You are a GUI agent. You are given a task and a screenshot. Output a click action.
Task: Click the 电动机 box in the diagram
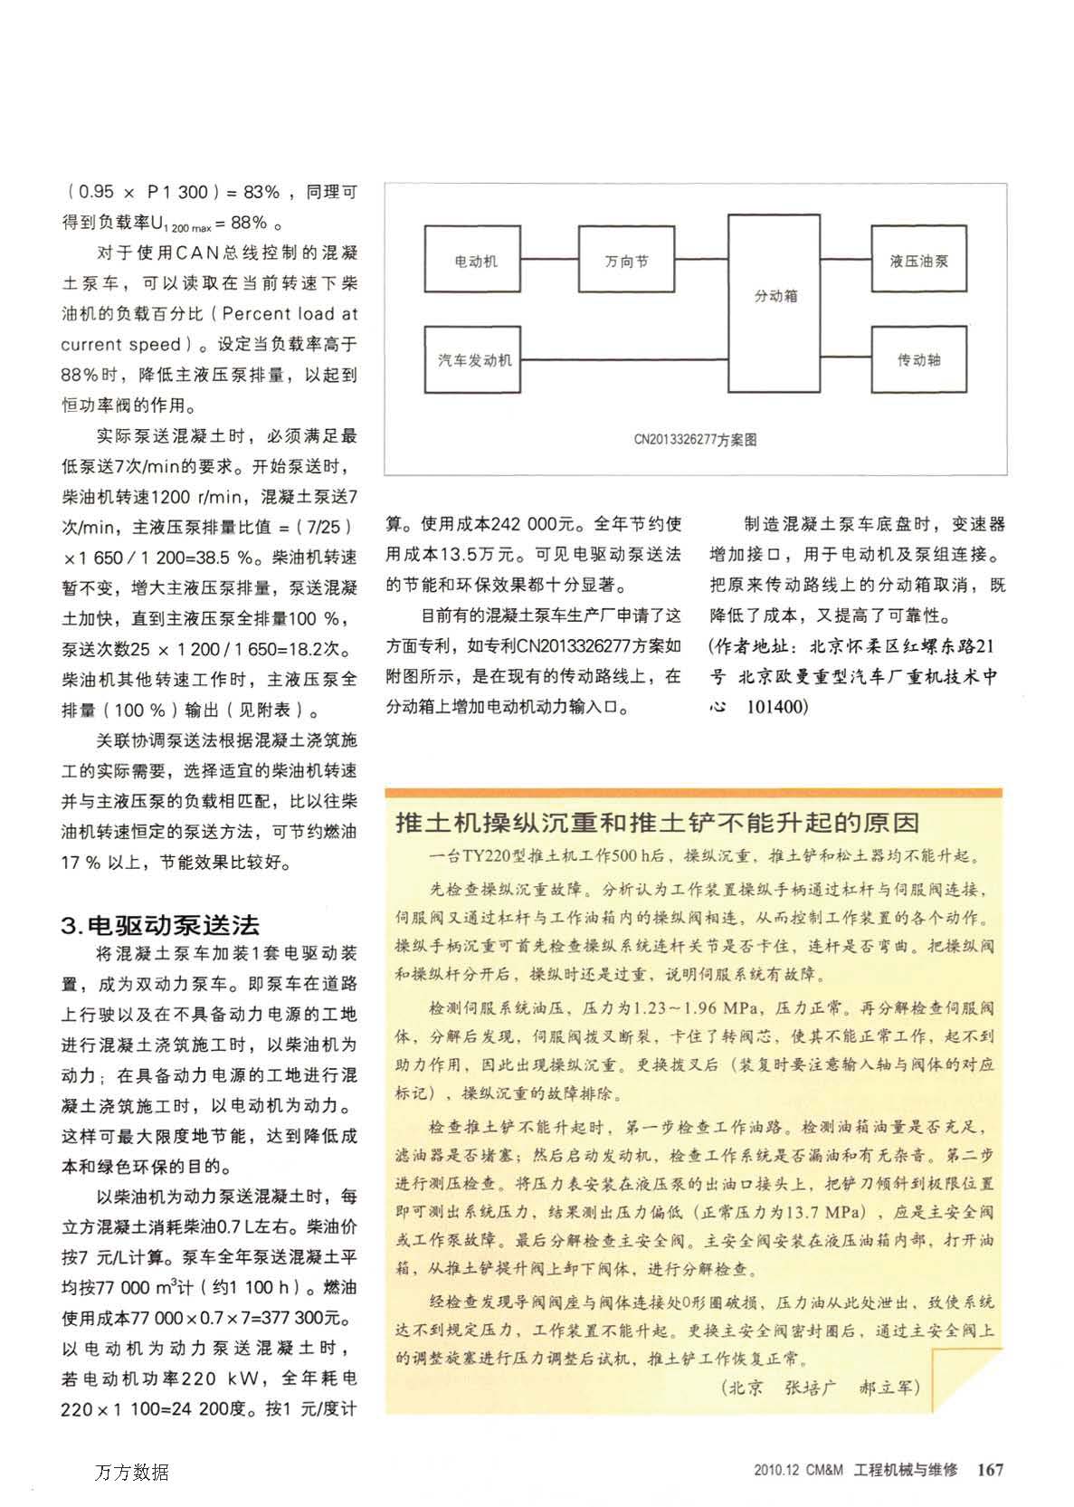pos(474,261)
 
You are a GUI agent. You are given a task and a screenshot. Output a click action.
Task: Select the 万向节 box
pos(626,261)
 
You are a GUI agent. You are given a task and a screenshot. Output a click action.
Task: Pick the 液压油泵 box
pos(918,261)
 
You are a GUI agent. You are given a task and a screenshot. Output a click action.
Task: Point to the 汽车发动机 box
pos(474,359)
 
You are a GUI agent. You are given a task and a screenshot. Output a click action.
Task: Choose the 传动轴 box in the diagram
pos(918,359)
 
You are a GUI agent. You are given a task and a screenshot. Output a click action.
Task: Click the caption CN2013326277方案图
pos(695,440)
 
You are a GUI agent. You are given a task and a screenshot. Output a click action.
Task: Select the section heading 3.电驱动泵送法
pos(160,924)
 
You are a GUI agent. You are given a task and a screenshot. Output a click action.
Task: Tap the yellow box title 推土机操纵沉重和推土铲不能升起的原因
pos(659,823)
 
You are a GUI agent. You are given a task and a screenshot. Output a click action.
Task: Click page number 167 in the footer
pos(991,1470)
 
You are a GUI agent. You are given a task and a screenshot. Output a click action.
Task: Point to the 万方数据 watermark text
pos(131,1472)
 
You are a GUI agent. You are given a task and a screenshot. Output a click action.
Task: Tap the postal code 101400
pos(775,706)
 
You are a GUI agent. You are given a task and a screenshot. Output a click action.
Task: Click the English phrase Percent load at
pos(289,314)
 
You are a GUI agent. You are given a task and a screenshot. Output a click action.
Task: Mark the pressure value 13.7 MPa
pos(819,1212)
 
